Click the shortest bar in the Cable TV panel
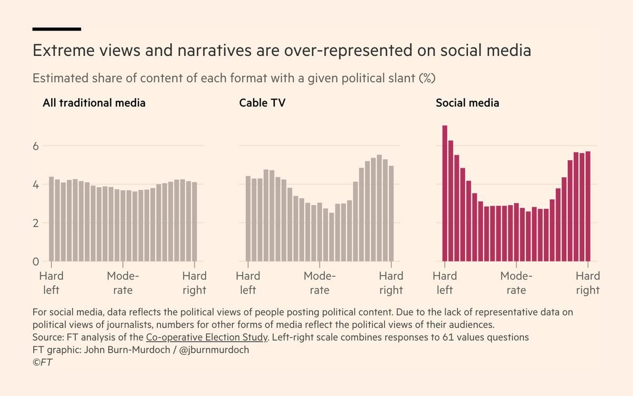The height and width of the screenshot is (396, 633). [x=331, y=237]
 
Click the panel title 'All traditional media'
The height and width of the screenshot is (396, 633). [x=94, y=103]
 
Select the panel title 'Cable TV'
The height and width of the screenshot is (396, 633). [x=262, y=103]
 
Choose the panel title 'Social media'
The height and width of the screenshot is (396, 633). [x=467, y=103]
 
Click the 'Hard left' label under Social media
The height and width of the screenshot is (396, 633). [x=445, y=283]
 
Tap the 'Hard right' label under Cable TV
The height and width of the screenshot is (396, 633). [x=391, y=283]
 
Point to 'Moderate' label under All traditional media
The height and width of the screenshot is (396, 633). [x=123, y=283]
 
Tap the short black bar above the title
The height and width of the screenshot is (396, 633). [x=56, y=29]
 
